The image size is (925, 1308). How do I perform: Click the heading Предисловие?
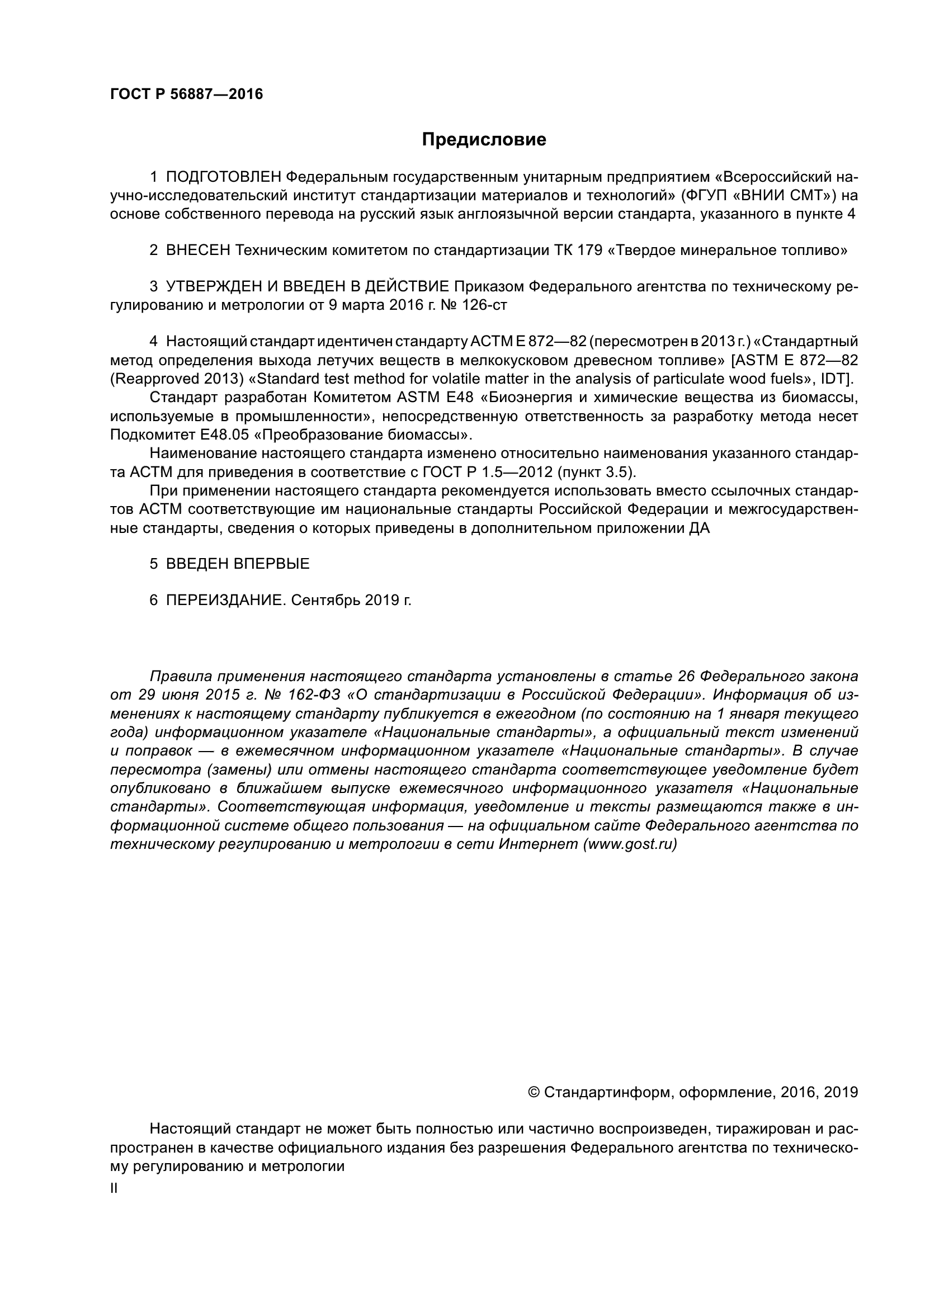point(484,140)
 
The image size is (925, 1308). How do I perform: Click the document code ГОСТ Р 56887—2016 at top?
point(186,95)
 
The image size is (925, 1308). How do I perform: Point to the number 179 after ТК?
point(590,250)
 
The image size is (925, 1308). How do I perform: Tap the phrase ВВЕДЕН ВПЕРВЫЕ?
point(238,564)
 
